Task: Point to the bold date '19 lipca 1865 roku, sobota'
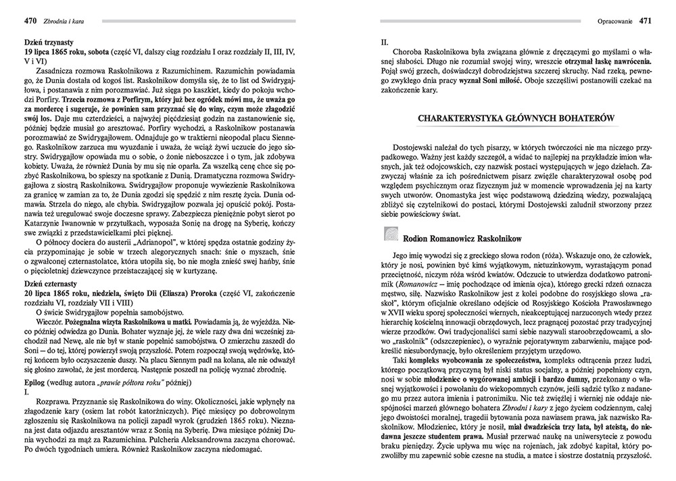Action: point(70,51)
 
